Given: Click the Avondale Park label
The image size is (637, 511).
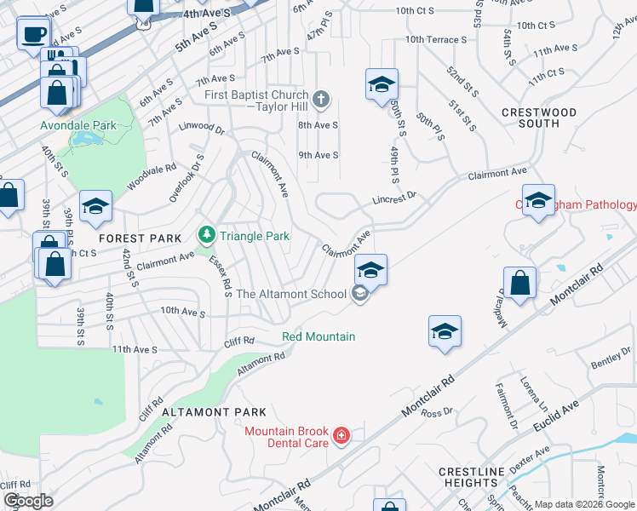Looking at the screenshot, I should (78, 125).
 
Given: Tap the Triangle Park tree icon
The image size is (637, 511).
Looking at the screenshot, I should (205, 234).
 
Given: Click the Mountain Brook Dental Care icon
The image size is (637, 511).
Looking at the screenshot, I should (341, 436).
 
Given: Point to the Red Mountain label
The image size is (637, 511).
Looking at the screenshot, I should (318, 336).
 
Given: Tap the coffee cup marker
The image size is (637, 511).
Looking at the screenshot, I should (34, 35).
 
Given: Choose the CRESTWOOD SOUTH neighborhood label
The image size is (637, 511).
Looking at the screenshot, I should (539, 118).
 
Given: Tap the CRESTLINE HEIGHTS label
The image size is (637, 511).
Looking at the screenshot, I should (473, 477).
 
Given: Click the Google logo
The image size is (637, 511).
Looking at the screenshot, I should (28, 501).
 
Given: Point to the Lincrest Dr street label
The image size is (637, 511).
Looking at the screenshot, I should (393, 198).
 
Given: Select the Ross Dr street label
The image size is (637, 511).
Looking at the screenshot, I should (436, 413).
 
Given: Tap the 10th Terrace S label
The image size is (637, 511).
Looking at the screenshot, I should (436, 39).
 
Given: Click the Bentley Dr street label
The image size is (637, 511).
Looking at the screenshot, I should (611, 359).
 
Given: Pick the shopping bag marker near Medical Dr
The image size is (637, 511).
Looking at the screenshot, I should (519, 282).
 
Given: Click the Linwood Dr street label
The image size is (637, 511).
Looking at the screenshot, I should (201, 130).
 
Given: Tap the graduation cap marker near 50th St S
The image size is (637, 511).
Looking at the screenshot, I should (382, 84).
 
